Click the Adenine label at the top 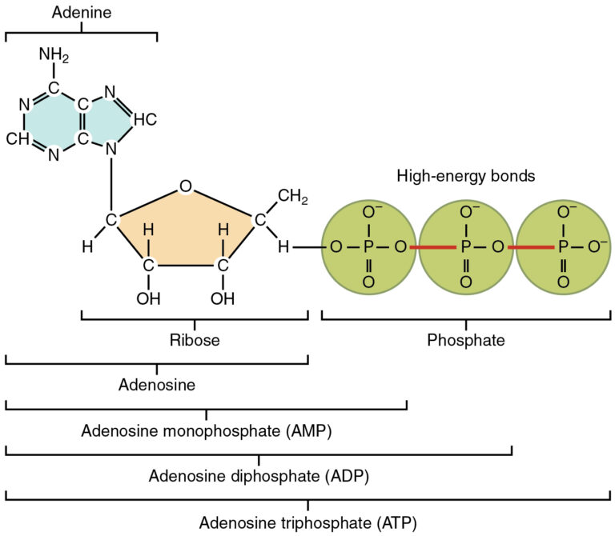(81, 14)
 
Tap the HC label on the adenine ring (144, 119)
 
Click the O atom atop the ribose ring (185, 187)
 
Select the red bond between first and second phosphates (432, 248)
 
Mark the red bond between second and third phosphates (530, 248)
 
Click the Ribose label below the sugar (194, 340)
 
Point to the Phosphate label (465, 340)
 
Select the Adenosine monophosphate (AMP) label (206, 431)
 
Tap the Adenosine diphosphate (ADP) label (258, 477)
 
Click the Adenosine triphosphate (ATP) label (307, 523)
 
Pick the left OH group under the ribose (148, 298)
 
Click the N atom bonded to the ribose (111, 149)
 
